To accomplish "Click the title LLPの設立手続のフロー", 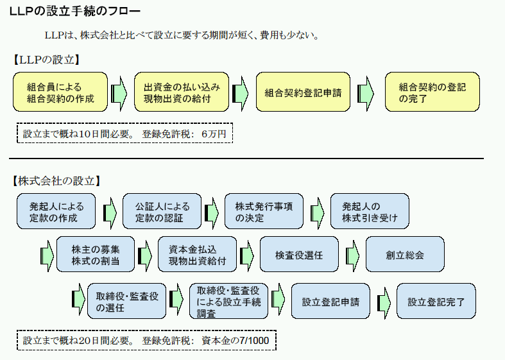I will tap(74, 12).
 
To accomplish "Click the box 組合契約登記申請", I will tap(303, 92).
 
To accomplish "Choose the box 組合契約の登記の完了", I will tap(432, 92).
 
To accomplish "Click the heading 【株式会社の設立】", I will tap(56, 180).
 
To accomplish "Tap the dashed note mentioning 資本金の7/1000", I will tap(146, 340).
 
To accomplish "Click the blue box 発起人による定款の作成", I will tap(56, 212).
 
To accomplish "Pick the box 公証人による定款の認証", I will tap(162, 212).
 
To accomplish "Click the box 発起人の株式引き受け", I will tap(370, 212).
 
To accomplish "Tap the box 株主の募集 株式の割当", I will tap(95, 255).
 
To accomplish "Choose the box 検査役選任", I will tap(298, 255).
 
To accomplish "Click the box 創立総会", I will tap(404, 255).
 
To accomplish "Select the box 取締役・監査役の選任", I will tap(126, 301).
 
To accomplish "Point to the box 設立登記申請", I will tap(330, 301).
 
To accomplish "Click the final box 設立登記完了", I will tap(436, 301).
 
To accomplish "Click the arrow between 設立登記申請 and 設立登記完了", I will tap(383, 301).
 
